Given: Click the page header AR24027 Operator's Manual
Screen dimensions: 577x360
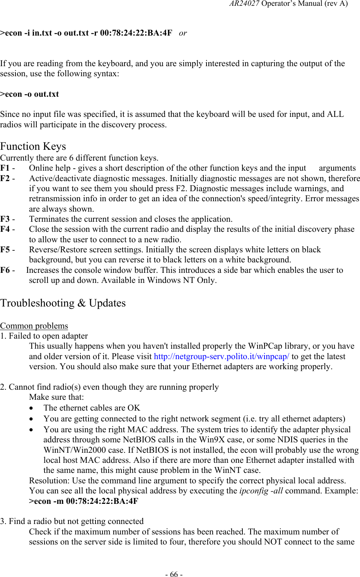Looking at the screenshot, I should (288, 4).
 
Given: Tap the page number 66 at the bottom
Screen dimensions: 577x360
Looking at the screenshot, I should (175, 574).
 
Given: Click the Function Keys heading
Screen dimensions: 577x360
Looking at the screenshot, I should (33, 146).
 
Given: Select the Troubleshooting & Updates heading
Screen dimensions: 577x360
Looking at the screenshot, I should (63, 303).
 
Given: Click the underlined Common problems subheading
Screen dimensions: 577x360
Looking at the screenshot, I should (34, 326).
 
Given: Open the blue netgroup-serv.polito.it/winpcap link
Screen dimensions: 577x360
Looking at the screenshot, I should (221, 356).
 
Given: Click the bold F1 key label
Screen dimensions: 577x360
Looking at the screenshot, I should (5, 168).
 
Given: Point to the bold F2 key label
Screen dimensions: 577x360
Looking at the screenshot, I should (5, 178).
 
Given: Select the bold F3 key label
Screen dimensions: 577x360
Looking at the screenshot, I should (5, 219).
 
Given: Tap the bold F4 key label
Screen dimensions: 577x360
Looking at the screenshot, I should (5, 229).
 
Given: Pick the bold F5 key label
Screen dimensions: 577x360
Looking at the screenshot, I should (5, 250).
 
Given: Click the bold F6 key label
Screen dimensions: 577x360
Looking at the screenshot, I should (5, 270).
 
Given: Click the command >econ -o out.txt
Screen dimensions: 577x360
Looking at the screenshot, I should (29, 94).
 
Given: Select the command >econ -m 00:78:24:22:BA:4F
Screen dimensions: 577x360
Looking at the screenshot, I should (84, 501).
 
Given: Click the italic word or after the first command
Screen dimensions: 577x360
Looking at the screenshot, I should (183, 33).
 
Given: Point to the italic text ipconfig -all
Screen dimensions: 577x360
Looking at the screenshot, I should (261, 491).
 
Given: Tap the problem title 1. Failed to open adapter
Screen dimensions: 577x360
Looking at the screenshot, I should (44, 336).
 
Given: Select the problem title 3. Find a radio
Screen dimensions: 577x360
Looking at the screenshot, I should (72, 521).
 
